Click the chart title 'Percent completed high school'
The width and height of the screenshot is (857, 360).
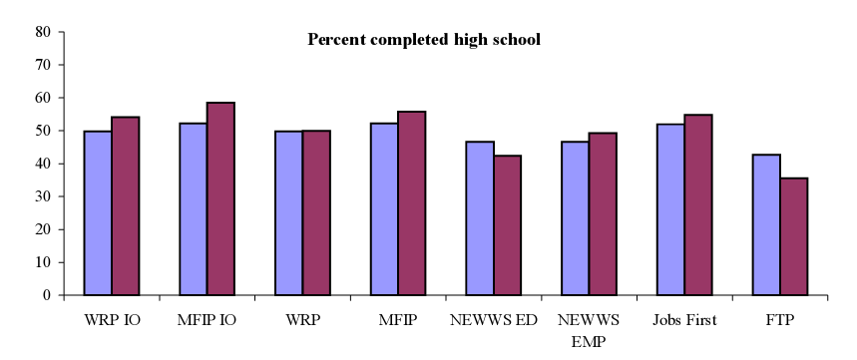tap(424, 41)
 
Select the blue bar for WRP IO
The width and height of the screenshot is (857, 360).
tap(98, 213)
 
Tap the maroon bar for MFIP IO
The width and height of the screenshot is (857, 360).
tap(220, 198)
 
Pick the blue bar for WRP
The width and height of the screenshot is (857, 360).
tap(289, 213)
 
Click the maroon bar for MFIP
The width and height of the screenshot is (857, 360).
tap(412, 203)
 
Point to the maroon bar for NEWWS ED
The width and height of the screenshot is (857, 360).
tap(508, 225)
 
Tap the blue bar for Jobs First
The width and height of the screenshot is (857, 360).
tap(670, 209)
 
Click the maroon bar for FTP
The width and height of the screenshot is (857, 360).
tap(794, 236)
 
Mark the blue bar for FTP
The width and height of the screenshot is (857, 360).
tap(766, 224)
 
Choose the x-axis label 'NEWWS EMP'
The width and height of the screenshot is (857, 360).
tap(589, 330)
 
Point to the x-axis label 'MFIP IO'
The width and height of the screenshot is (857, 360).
tap(207, 322)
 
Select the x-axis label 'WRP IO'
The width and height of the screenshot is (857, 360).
tap(111, 322)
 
